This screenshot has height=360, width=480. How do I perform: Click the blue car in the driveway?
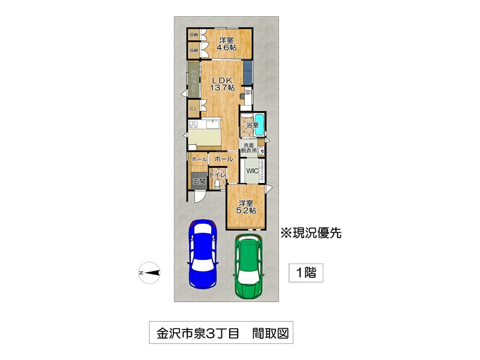(203, 254)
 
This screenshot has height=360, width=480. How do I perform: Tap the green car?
(248, 266)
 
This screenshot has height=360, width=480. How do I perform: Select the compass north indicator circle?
(149, 273)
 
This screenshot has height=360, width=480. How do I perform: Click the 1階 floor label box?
(306, 273)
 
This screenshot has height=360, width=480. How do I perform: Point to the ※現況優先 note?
(311, 233)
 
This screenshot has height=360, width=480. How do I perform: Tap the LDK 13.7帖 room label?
(223, 83)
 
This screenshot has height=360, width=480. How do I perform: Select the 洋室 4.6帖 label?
(226, 44)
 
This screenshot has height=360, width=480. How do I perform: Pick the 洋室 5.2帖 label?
(246, 206)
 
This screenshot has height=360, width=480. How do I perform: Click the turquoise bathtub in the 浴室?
(259, 125)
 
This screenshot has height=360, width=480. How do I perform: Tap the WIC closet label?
(253, 171)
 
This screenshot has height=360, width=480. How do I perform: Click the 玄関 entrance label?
(199, 181)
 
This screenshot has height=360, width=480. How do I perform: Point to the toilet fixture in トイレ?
(217, 185)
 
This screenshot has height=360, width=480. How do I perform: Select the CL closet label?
(193, 109)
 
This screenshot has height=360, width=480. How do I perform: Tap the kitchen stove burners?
(193, 125)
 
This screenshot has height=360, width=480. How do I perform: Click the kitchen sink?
(212, 124)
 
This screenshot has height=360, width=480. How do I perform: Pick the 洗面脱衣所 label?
(248, 148)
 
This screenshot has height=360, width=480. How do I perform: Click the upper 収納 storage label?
(193, 35)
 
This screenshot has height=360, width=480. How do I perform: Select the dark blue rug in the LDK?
(248, 72)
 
